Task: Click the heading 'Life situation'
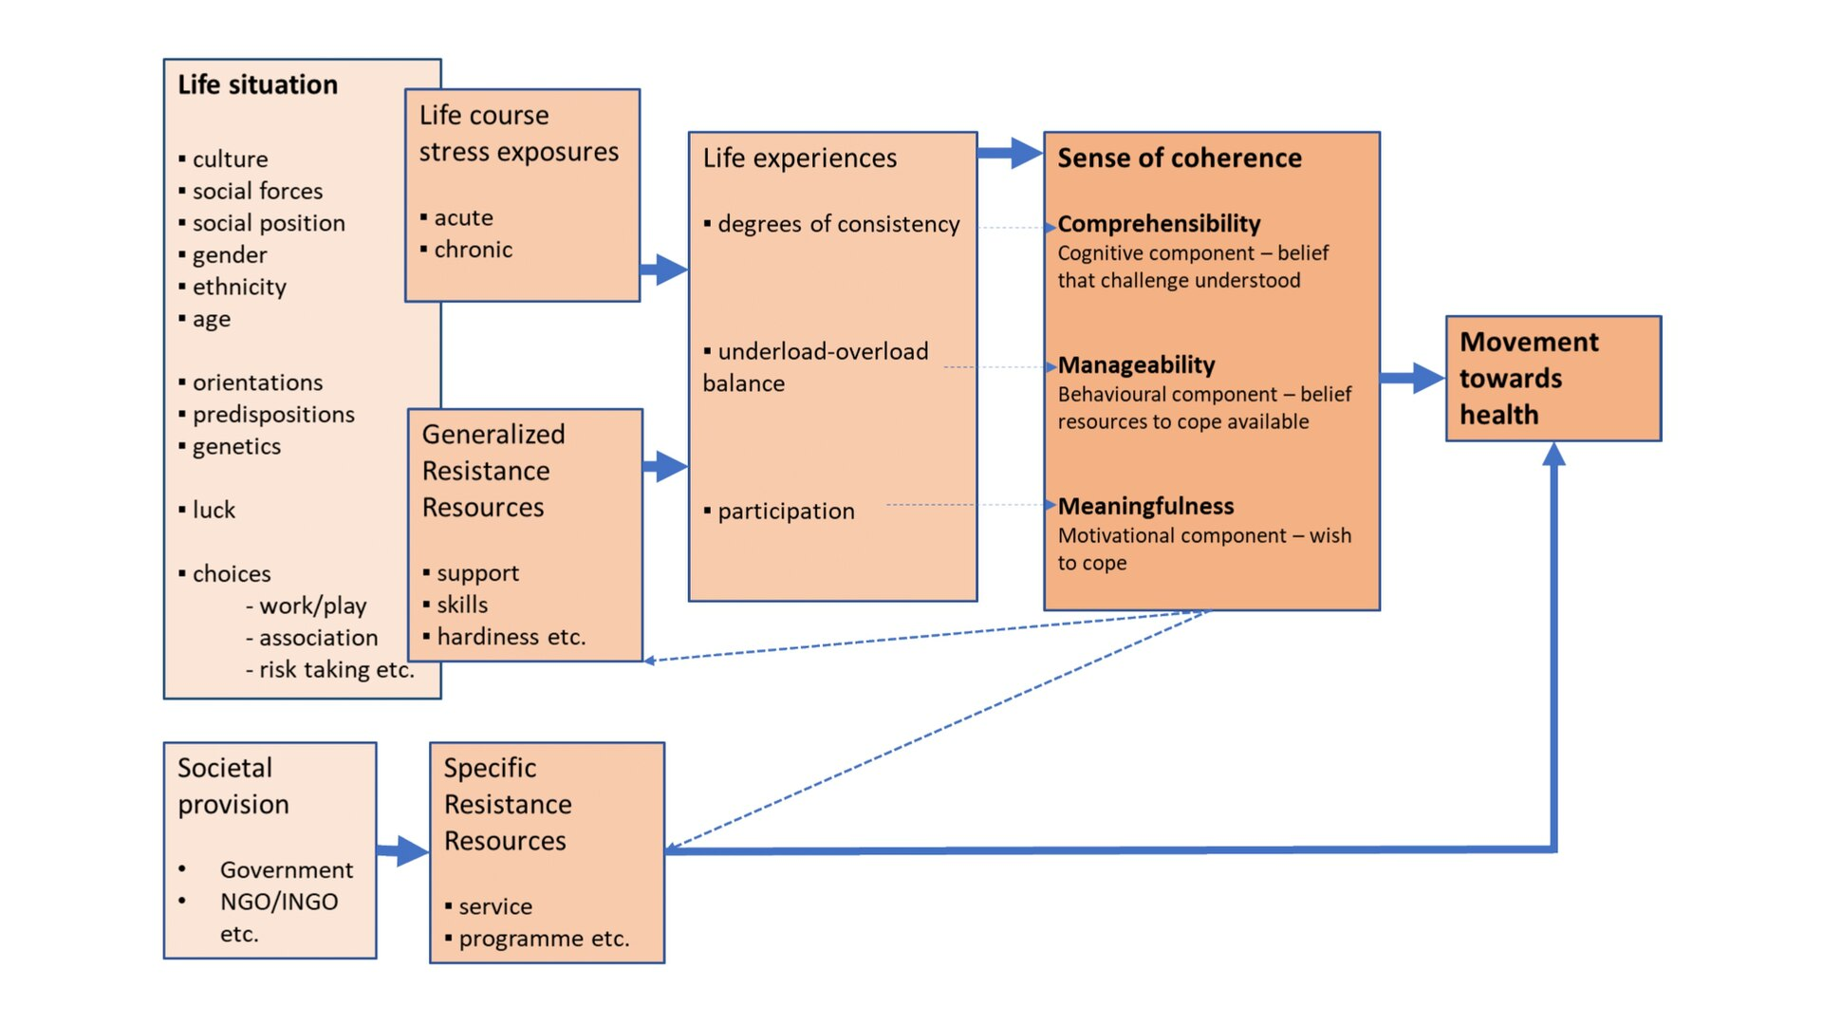click(257, 85)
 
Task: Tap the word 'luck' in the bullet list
click(214, 511)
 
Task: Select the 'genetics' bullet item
click(236, 447)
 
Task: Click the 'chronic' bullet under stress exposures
click(473, 251)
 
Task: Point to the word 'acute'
click(463, 218)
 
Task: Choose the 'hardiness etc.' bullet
click(511, 637)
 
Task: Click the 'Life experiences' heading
click(799, 158)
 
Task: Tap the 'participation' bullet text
click(786, 512)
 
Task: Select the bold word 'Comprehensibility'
click(1159, 224)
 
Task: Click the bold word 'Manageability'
click(1136, 365)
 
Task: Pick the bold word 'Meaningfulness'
click(1145, 507)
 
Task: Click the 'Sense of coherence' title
click(1180, 158)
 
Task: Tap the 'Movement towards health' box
click(1552, 379)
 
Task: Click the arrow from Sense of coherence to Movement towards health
click(1412, 378)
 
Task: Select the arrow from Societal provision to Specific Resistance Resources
click(403, 850)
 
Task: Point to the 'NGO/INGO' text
click(279, 902)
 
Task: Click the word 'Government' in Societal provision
click(287, 870)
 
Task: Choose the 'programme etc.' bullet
click(544, 939)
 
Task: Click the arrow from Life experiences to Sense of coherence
click(1010, 153)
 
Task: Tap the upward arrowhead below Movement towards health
click(1553, 455)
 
